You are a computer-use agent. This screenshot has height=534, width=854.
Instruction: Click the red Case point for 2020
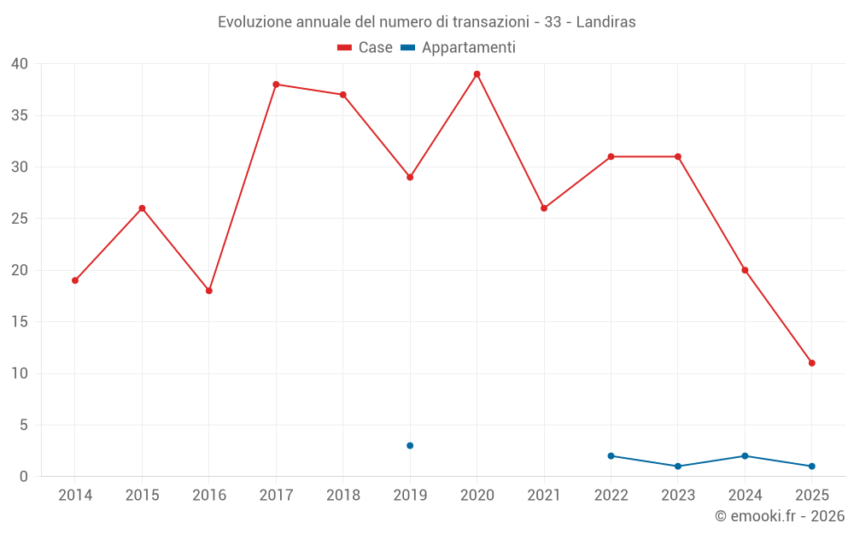477,74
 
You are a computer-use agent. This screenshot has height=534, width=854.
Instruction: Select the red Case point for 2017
276,85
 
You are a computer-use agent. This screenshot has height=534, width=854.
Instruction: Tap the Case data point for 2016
208,290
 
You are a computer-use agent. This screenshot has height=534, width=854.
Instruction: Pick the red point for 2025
811,363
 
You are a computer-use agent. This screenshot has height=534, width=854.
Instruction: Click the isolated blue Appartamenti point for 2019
410,446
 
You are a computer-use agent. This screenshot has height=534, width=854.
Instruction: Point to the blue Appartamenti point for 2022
611,456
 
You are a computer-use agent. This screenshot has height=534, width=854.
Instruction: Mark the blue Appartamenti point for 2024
745,456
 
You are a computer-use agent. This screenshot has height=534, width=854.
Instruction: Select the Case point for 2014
75,280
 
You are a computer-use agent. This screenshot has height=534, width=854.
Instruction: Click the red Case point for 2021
544,208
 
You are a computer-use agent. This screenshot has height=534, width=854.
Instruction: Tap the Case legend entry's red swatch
345,48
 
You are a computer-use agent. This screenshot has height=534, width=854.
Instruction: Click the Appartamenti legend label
468,48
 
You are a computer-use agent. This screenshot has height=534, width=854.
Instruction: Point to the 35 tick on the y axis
20,115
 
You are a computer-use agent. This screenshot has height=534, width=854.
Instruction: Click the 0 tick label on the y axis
24,477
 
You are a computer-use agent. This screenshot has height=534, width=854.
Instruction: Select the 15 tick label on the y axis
20,322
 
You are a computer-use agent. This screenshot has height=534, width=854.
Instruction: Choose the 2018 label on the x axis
342,496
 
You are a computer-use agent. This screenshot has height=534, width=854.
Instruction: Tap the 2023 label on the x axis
678,496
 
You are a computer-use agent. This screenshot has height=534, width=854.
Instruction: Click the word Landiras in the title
605,22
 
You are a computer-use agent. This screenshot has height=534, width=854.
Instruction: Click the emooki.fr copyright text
779,516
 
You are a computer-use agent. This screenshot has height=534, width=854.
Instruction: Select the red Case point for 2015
142,208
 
